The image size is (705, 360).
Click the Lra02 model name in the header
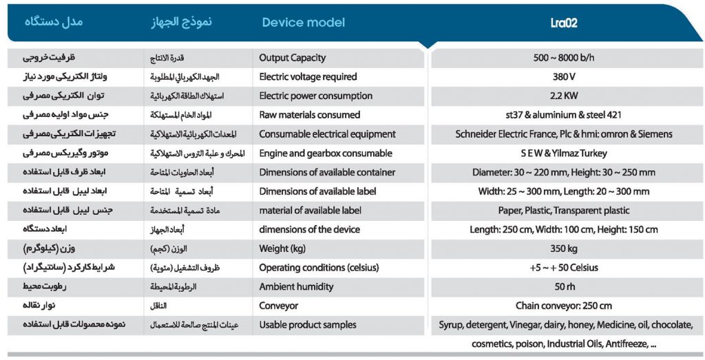click(x=563, y=23)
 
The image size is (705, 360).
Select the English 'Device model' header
click(x=304, y=23)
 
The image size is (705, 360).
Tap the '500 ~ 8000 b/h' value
click(x=565, y=58)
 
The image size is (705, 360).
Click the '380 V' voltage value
click(x=565, y=77)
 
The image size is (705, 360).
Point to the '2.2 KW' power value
click(x=565, y=96)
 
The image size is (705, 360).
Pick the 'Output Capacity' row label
click(x=292, y=58)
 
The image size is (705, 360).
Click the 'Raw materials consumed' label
click(x=310, y=115)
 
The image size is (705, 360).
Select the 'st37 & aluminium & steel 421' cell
click(x=564, y=115)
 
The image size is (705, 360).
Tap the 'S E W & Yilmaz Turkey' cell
click(x=564, y=153)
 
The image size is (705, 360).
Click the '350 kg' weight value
click(x=564, y=248)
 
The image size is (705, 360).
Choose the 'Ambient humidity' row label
click(x=296, y=287)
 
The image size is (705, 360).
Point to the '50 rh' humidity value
click(x=565, y=287)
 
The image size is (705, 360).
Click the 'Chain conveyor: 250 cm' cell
click(x=564, y=306)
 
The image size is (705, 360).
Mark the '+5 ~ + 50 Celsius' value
click(x=564, y=268)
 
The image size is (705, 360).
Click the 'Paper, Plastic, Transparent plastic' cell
click(x=564, y=211)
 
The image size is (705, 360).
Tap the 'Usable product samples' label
click(x=308, y=325)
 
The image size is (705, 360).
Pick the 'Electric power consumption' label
click(x=315, y=96)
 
